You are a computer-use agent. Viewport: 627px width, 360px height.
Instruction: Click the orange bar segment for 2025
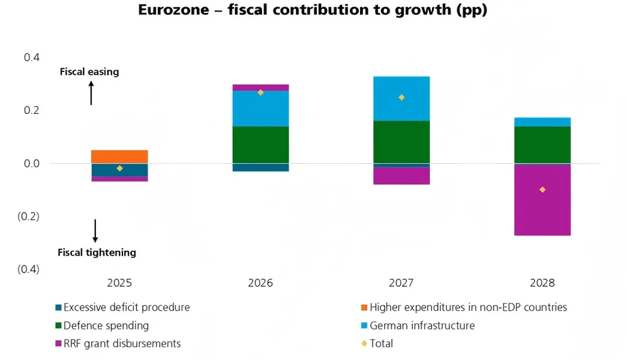(120, 157)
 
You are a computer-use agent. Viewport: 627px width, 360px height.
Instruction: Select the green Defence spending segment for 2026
(261, 145)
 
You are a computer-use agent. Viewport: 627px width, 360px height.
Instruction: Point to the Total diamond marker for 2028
(542, 190)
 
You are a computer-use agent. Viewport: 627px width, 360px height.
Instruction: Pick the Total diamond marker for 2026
(261, 92)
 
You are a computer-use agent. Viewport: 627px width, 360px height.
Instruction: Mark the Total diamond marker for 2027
(401, 98)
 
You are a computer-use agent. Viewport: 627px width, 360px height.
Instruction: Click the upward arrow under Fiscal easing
(91, 93)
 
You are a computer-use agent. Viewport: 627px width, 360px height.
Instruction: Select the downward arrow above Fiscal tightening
(95, 231)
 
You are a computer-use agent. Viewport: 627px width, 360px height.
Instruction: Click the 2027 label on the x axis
(401, 283)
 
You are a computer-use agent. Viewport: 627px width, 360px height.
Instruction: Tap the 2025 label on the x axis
(120, 283)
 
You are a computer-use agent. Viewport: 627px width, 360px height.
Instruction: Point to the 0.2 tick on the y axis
(31, 110)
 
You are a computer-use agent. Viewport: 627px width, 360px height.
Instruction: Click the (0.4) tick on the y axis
(29, 269)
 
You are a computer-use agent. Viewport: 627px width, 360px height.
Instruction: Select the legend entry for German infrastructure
(422, 326)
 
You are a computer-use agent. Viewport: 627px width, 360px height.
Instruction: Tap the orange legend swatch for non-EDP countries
(364, 307)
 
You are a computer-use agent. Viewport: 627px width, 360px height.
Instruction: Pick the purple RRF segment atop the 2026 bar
(261, 88)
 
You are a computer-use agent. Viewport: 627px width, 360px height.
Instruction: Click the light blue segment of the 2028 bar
(542, 122)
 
